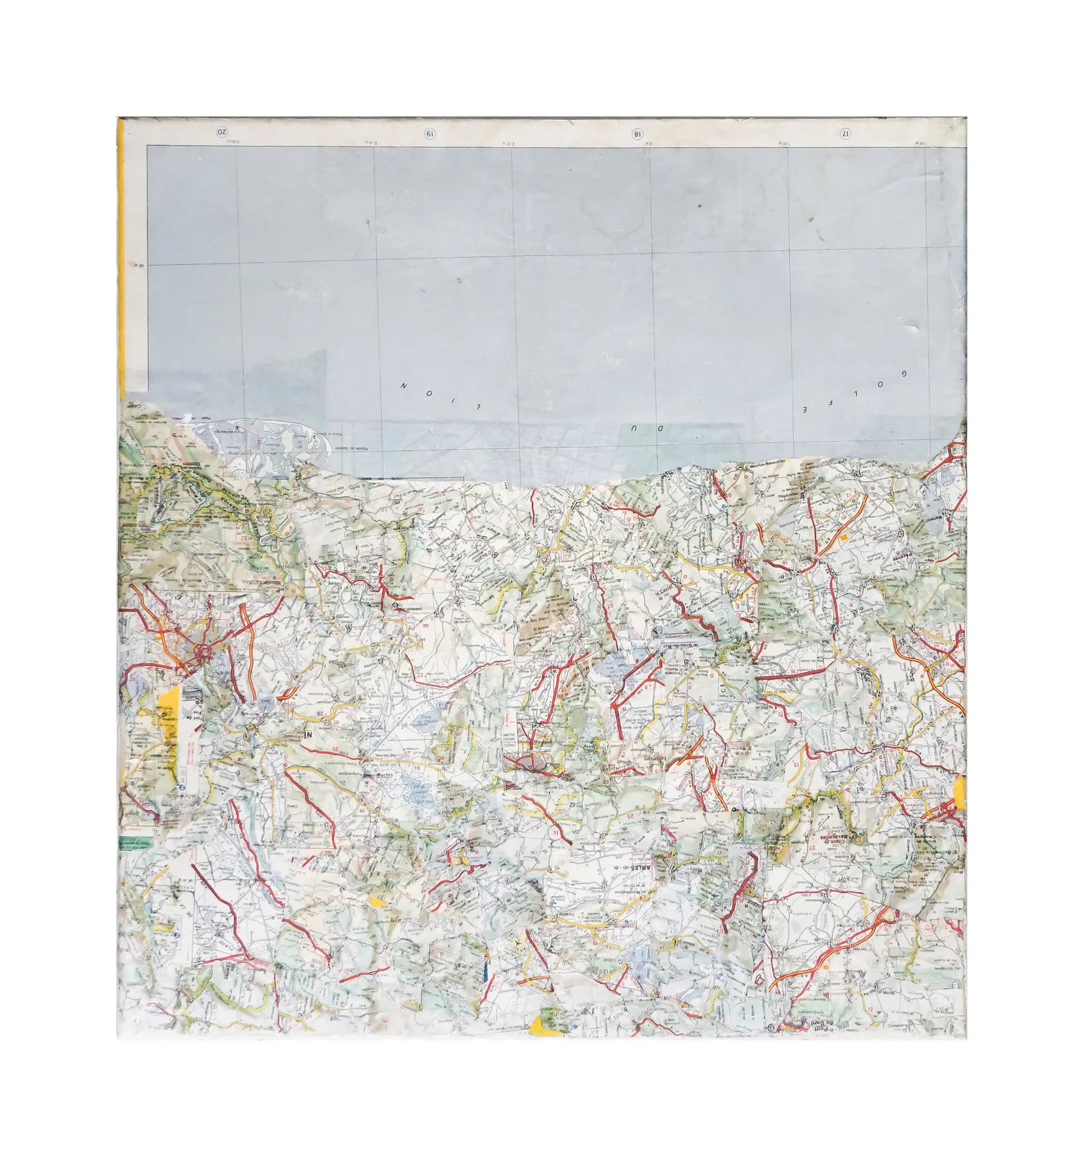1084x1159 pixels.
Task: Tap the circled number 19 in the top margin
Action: tap(430, 133)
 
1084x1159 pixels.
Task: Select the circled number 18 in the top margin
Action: tap(638, 133)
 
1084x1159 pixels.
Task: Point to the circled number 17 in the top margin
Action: tap(845, 133)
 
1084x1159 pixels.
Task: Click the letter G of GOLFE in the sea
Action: tap(904, 374)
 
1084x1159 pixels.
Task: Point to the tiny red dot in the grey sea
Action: tap(700, 206)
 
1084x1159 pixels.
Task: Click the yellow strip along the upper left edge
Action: tap(122, 254)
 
